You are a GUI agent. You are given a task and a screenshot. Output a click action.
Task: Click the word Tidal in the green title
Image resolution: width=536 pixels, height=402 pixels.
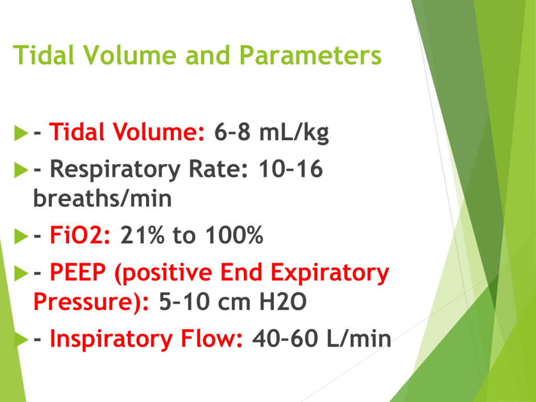[x=43, y=54]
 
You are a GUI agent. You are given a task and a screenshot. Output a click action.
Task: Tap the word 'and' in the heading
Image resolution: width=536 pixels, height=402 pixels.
[x=207, y=54]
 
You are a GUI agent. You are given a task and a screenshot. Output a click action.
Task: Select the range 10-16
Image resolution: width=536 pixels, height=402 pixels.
[x=291, y=169]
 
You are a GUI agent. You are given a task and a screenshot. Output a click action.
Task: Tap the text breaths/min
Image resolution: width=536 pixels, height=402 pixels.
[x=102, y=198]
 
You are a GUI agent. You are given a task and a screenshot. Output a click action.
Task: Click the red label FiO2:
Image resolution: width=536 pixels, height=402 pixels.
[x=80, y=235]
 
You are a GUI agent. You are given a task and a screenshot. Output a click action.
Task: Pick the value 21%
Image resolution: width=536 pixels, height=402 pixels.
[x=142, y=235]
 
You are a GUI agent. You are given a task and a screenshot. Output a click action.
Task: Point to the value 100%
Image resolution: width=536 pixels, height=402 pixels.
[x=234, y=235]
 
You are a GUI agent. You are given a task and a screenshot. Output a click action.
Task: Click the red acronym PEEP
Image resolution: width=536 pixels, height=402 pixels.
[x=78, y=272]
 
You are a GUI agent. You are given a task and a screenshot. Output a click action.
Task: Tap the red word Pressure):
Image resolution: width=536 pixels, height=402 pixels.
[x=91, y=302]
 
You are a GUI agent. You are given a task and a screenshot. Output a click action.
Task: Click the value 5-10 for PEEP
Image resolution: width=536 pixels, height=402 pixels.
[x=184, y=301]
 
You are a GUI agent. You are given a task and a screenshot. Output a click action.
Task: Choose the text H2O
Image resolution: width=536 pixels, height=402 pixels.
[x=283, y=301]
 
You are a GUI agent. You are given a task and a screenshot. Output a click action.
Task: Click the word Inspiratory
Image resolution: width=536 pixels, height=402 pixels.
[x=111, y=339]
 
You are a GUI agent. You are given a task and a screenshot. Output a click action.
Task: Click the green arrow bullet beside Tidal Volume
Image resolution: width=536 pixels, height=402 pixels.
[x=21, y=133]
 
